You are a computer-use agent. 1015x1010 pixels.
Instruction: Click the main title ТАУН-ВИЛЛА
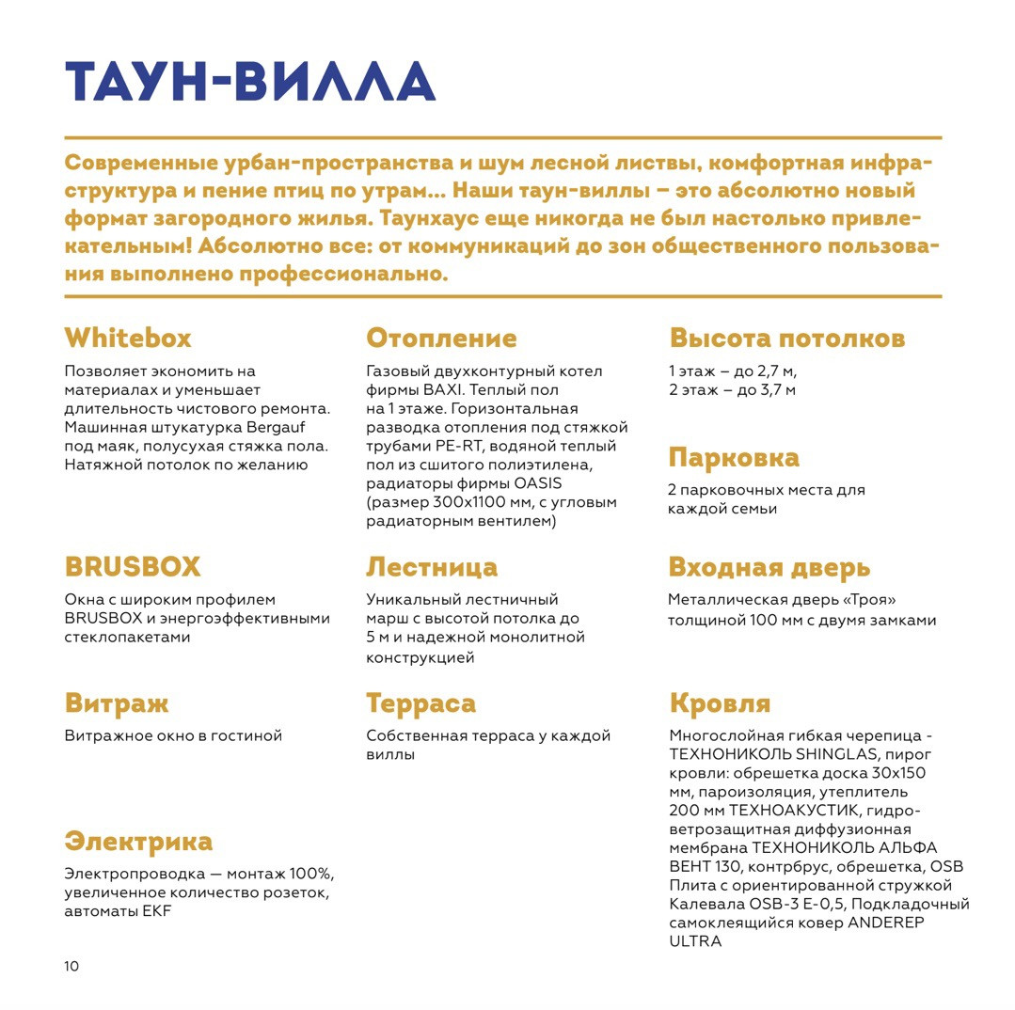[249, 82]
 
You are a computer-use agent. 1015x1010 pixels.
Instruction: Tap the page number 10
[72, 967]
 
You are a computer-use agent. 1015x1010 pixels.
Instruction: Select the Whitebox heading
[128, 338]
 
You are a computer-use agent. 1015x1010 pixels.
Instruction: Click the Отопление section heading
[441, 338]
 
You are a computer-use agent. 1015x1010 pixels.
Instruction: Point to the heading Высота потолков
[786, 338]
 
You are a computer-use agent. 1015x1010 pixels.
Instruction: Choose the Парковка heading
[734, 458]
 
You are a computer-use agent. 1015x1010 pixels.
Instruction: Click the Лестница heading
[432, 567]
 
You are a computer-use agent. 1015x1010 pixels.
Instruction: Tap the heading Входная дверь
[769, 567]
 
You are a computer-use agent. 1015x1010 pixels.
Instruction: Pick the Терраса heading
[420, 703]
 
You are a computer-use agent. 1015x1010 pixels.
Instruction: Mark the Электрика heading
[138, 841]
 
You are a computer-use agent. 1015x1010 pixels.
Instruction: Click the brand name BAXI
[444, 390]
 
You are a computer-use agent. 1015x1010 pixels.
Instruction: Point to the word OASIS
[538, 483]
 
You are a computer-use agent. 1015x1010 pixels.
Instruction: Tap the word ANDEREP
[886, 923]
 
